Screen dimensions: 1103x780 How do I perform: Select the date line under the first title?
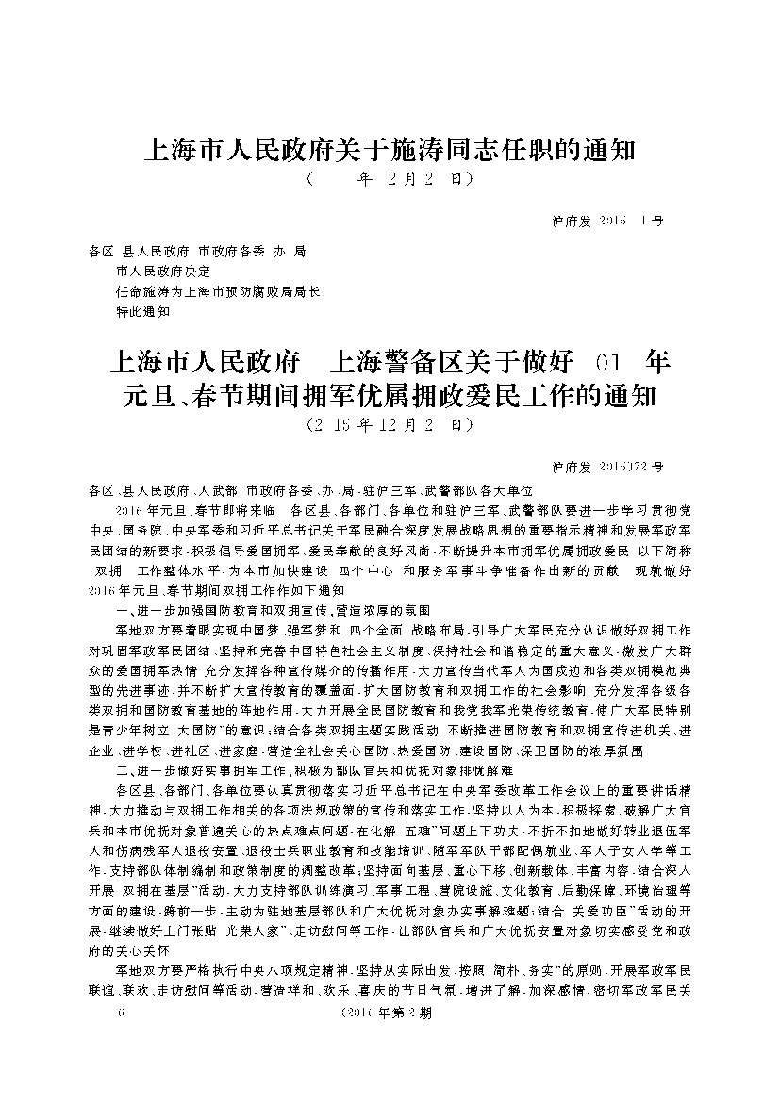[x=389, y=179]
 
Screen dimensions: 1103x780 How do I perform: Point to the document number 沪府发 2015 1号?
[x=606, y=222]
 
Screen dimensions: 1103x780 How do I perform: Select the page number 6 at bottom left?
[x=118, y=1013]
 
